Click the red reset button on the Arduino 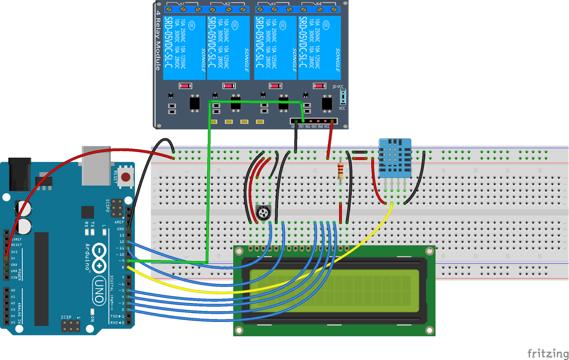[126, 177]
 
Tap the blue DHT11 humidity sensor [395, 158]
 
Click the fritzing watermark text [548, 354]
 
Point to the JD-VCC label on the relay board [338, 87]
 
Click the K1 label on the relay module [182, 4]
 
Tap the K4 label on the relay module [319, 4]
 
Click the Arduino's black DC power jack [20, 174]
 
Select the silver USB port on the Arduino [96, 165]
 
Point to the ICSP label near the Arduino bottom [66, 317]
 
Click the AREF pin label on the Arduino [119, 222]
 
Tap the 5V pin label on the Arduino [13, 258]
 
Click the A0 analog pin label [13, 290]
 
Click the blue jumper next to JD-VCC [343, 97]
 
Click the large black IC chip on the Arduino [41, 279]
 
